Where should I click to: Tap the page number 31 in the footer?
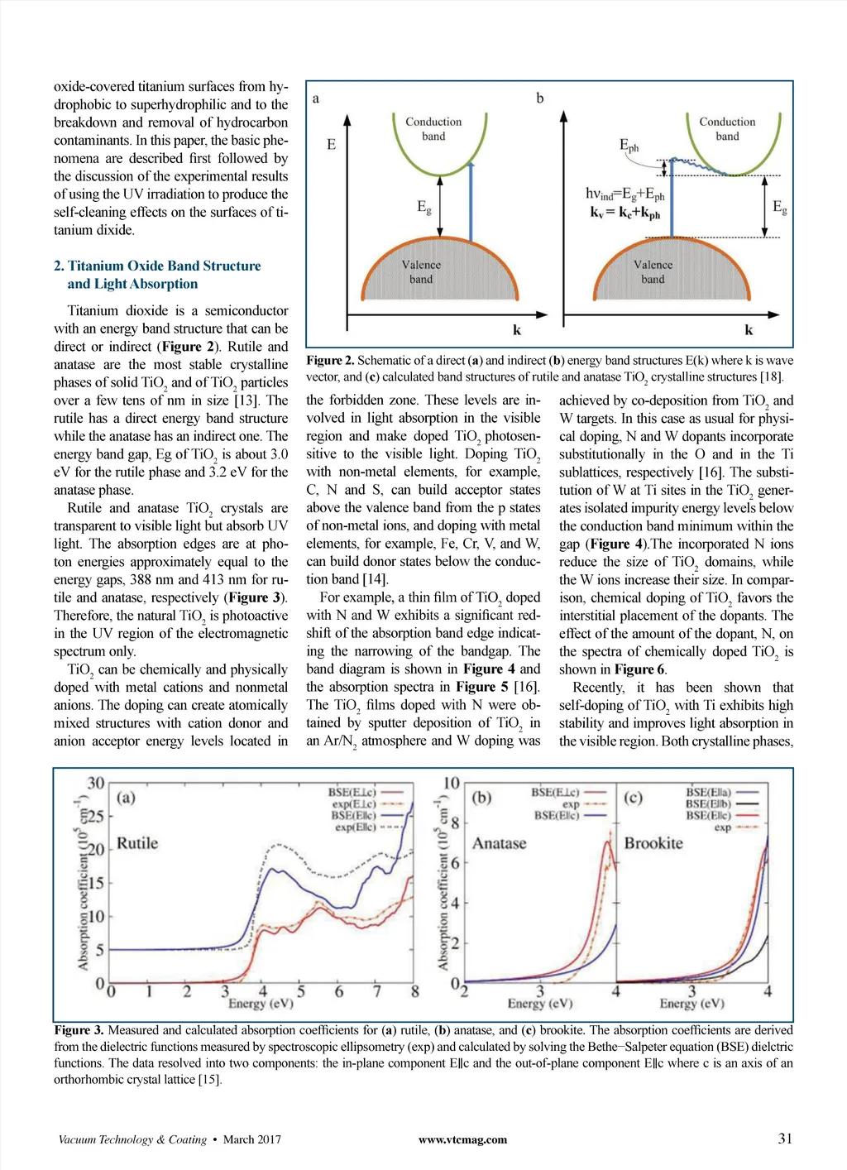785,1139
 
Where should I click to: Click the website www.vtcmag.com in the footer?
462,1139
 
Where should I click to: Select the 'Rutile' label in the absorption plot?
137,843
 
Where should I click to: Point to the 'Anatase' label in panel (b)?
499,843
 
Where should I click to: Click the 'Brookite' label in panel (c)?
653,843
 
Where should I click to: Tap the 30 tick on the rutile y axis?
96,783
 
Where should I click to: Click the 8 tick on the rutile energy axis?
414,991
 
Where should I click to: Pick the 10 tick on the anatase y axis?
452,783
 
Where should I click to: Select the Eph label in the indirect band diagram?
629,146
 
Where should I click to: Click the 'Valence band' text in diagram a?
421,272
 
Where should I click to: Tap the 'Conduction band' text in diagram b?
727,128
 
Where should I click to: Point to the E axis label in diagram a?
332,145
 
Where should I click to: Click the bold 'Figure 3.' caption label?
79,1030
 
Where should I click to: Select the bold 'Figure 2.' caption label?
330,361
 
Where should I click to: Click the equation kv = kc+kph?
625,213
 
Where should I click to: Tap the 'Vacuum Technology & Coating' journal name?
132,1139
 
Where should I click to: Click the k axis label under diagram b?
749,330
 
